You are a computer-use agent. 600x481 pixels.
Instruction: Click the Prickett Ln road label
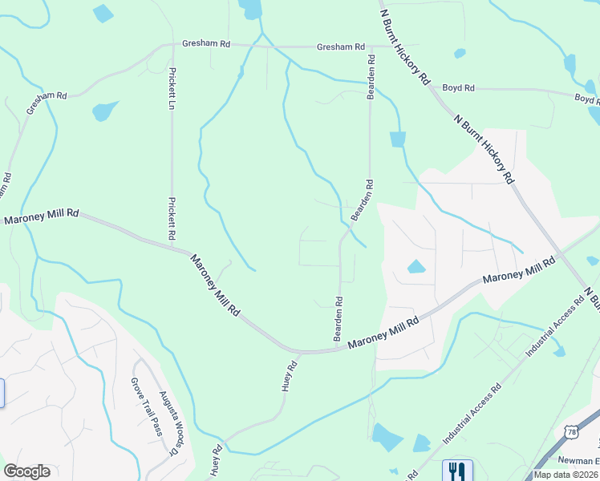(172, 87)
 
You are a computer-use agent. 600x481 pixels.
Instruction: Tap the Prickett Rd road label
(171, 219)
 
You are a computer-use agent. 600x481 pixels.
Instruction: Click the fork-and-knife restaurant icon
(456, 470)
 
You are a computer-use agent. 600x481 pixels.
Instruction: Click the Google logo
(27, 471)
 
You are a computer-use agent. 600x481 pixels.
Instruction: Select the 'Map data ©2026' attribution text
(566, 475)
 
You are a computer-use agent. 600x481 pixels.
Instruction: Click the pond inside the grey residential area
(416, 267)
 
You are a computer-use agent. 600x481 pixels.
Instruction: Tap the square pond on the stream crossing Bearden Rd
(398, 139)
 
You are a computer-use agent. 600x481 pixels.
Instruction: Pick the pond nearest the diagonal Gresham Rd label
(103, 111)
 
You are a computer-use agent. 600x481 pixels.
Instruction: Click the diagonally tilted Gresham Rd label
(46, 102)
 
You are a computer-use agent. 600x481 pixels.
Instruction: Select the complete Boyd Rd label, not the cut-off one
(458, 87)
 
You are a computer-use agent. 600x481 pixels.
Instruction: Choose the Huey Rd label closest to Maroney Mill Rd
(290, 375)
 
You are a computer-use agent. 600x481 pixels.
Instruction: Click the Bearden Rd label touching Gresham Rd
(371, 77)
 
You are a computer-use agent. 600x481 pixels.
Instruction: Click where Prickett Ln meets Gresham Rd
(172, 46)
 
